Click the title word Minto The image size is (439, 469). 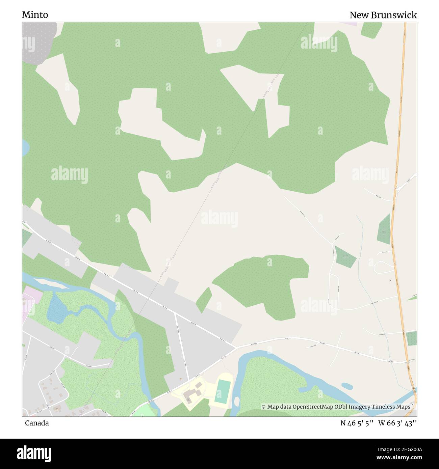click(x=35, y=15)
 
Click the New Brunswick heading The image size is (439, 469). click(x=383, y=15)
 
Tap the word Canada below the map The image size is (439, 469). click(x=36, y=423)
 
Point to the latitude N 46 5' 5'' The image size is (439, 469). click(x=357, y=423)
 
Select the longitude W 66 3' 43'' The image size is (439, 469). click(x=397, y=423)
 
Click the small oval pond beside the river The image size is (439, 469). click(x=347, y=386)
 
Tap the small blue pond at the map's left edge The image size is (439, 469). click(x=25, y=148)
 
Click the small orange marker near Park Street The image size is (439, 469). click(x=181, y=379)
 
